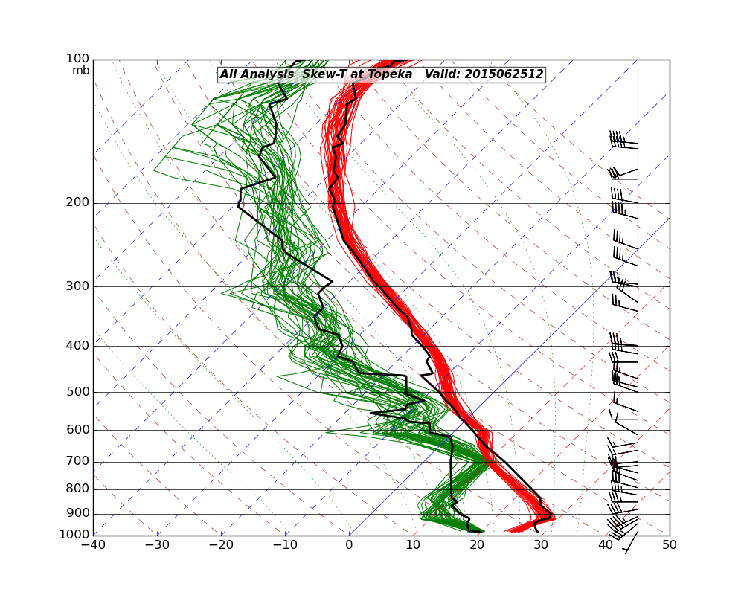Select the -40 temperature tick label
point(93,545)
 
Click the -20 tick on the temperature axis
point(221,545)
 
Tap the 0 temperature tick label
point(350,545)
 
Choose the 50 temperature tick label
point(670,545)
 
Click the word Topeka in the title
point(391,74)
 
